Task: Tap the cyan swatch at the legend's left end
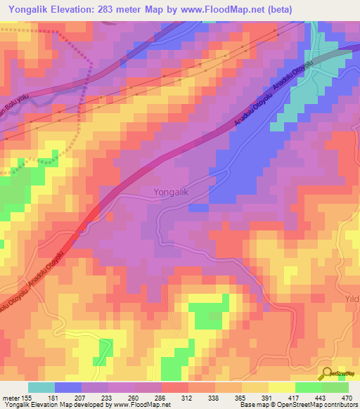coord(41,387)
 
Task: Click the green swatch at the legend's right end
coord(335,387)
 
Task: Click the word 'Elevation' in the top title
coord(69,9)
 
